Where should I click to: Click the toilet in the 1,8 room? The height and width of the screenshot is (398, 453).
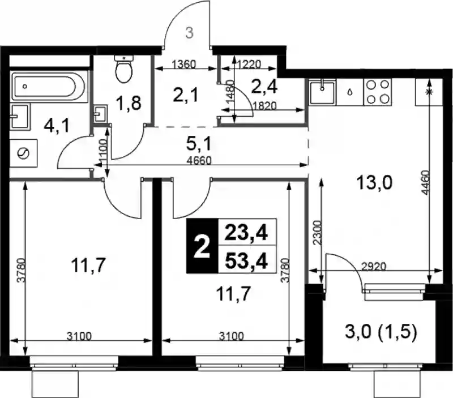click(x=124, y=69)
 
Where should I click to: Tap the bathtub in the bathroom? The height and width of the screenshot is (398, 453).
click(x=48, y=87)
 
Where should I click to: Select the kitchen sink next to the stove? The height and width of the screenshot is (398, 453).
click(x=322, y=92)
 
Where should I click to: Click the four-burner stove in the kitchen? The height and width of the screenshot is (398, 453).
click(x=377, y=92)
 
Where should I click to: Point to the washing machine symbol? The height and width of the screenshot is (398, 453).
click(x=23, y=153)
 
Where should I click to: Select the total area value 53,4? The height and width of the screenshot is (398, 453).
click(x=246, y=262)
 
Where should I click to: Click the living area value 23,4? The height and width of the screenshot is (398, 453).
click(x=246, y=233)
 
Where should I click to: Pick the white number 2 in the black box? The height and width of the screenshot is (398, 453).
click(x=202, y=246)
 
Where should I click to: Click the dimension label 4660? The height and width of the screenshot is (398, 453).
click(x=199, y=161)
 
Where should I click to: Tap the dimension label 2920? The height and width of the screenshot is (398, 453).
click(x=374, y=266)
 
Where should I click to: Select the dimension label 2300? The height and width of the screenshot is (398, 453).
click(x=317, y=233)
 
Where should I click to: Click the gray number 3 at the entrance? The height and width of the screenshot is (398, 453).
click(x=189, y=33)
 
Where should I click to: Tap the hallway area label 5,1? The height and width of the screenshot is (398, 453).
click(x=199, y=144)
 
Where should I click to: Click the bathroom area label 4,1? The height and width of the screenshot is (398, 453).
click(x=57, y=126)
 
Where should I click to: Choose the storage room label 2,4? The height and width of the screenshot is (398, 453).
click(x=264, y=87)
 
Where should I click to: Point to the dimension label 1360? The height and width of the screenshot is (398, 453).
click(x=183, y=64)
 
